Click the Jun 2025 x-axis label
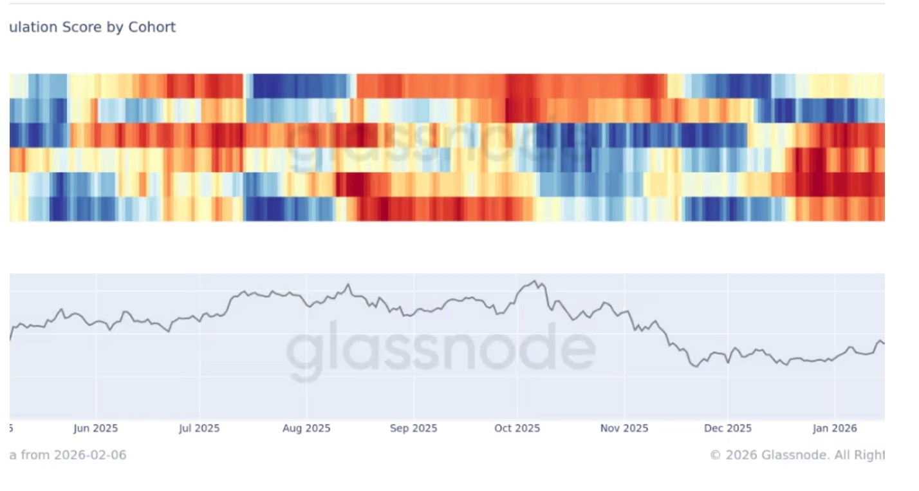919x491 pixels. (96, 428)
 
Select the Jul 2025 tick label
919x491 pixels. (199, 428)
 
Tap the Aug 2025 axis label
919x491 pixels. (306, 428)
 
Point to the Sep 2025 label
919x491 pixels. (413, 428)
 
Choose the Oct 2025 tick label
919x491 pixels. (517, 428)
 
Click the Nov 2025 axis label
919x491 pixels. (624, 428)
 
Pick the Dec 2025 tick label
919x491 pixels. (727, 428)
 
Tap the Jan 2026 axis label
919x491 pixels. (835, 428)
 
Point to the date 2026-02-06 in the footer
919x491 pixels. (90, 455)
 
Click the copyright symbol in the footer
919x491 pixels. (715, 455)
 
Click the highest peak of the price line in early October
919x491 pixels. (534, 281)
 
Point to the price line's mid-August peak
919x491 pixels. (348, 284)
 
